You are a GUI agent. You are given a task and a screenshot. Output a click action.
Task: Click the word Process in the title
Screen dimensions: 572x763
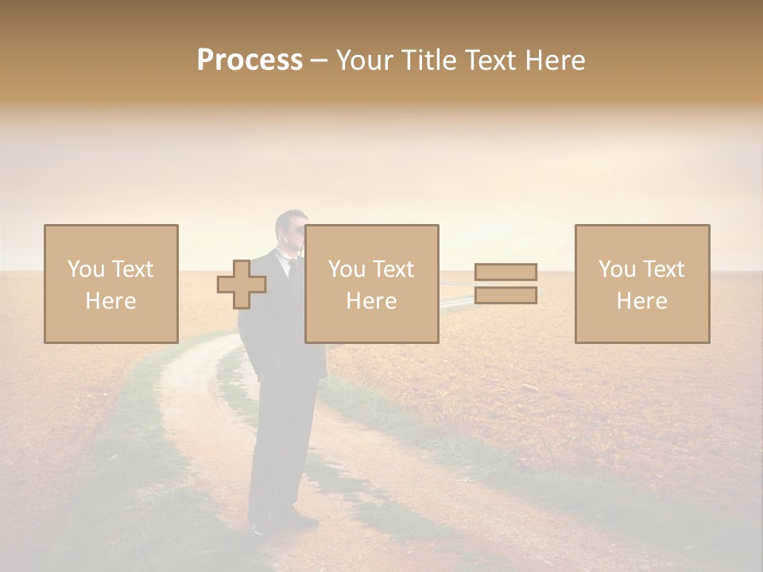coord(250,60)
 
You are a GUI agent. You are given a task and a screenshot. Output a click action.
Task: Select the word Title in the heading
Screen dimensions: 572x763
coord(424,60)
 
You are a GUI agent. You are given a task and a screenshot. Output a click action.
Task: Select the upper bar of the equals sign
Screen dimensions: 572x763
coord(505,272)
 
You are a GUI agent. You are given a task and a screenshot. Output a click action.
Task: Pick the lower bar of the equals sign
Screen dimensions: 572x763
coord(505,296)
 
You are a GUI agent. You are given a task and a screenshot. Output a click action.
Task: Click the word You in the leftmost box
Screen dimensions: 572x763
coord(85,269)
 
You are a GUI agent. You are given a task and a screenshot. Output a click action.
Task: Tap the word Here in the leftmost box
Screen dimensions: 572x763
coord(110,301)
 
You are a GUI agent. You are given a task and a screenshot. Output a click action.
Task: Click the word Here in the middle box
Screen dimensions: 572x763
coord(371,301)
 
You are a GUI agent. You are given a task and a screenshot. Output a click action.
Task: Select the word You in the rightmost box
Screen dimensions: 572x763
coord(617,269)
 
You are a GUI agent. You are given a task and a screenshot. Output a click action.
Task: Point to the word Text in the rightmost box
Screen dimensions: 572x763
coord(664,269)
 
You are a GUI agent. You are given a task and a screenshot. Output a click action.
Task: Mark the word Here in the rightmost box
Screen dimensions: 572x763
coord(641,301)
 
